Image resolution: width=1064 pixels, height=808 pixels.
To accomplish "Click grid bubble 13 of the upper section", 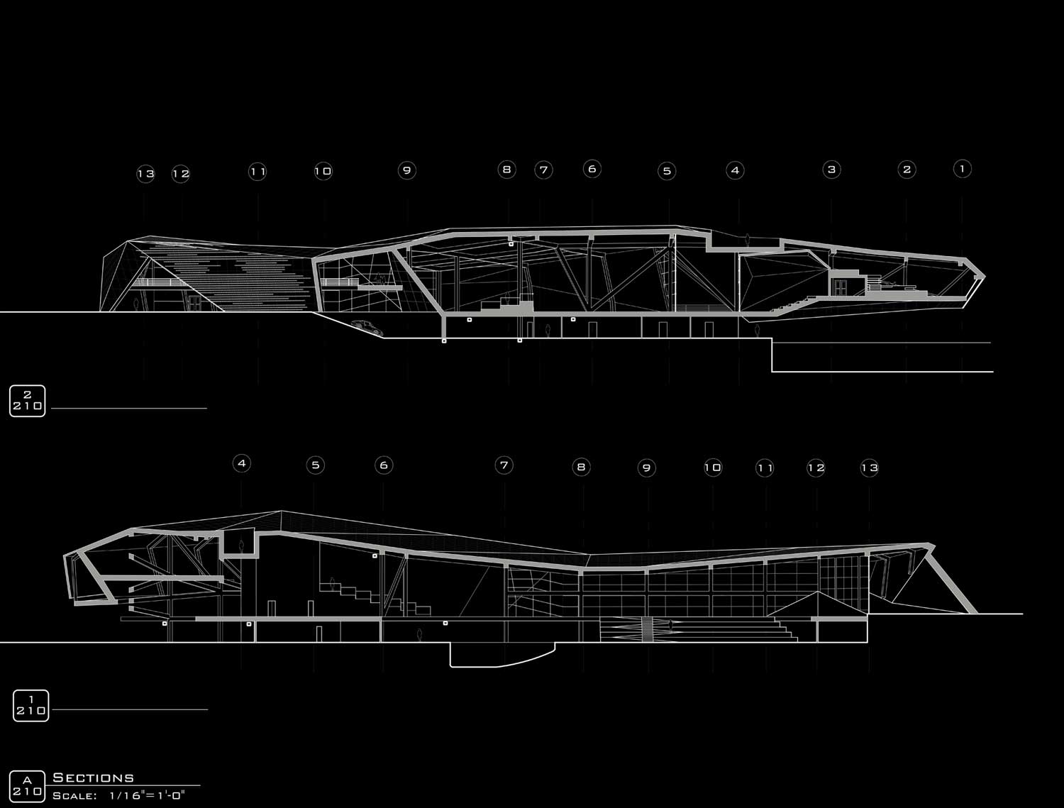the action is (x=145, y=174).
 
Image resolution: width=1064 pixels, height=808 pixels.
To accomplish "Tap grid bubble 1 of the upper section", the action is (x=962, y=169).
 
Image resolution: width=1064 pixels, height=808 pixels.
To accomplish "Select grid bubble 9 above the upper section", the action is (x=406, y=170).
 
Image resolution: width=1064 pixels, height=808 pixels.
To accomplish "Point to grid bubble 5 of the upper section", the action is (x=667, y=171).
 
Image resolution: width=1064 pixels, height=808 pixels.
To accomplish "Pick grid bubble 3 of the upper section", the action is (x=831, y=170).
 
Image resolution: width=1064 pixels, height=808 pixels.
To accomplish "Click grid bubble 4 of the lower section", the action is (x=242, y=463).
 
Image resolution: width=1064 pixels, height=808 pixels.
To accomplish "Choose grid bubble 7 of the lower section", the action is (x=504, y=465).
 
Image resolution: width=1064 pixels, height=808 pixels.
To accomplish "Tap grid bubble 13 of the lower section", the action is (x=869, y=467).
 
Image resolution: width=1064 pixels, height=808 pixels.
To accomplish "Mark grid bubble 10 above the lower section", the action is (x=713, y=467).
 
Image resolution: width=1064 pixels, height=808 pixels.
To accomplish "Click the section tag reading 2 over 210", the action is (x=28, y=401).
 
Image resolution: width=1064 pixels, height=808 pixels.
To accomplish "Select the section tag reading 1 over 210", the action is (x=31, y=706).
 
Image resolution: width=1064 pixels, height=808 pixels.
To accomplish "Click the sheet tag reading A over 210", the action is (x=27, y=786).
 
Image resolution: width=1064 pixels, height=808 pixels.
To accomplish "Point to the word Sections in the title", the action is (x=93, y=778).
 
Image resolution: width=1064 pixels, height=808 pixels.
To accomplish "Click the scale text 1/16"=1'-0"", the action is (x=148, y=796).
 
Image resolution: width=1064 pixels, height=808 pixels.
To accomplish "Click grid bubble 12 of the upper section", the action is (x=181, y=174).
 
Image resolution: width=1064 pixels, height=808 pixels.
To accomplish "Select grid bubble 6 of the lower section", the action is (x=384, y=465).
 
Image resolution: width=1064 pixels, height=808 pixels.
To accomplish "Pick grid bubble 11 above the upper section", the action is (x=257, y=172).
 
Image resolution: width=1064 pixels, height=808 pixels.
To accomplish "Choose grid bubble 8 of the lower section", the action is (x=581, y=467).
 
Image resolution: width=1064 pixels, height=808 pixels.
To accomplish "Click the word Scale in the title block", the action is (x=74, y=796).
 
